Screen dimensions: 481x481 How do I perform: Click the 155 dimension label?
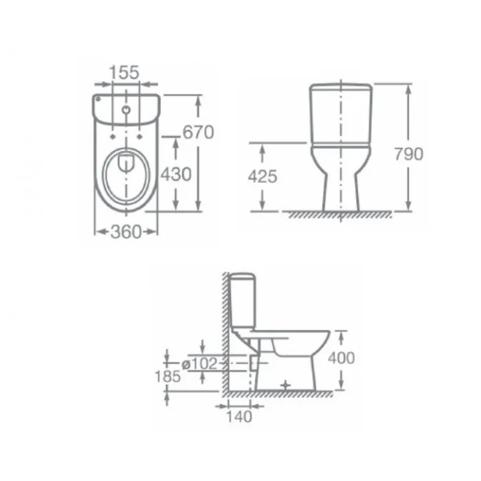[124, 72]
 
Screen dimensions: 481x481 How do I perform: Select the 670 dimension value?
[198, 132]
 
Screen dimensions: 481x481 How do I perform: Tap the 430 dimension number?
[176, 175]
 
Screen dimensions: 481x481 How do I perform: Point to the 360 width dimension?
[126, 232]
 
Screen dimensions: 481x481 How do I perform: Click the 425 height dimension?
[262, 177]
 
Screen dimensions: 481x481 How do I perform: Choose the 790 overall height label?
[409, 154]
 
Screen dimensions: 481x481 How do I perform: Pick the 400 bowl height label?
[342, 358]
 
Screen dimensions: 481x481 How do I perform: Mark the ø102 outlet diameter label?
[199, 363]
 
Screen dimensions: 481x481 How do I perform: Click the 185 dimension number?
[168, 377]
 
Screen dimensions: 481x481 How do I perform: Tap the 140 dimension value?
[239, 416]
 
